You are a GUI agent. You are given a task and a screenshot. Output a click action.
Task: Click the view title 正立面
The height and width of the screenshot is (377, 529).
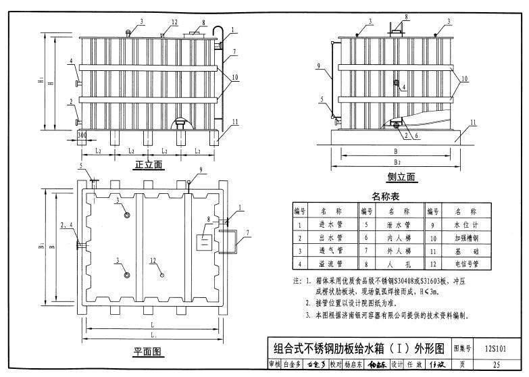tap(149, 165)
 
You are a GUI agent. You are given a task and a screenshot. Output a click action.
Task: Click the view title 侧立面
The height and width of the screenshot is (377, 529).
tap(401, 178)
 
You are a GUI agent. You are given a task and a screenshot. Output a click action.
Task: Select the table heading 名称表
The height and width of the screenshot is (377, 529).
tap(386, 197)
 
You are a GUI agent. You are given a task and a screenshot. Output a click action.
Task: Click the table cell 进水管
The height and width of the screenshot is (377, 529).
tap(328, 224)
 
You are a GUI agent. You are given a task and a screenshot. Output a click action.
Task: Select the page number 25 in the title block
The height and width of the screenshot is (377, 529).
tap(497, 366)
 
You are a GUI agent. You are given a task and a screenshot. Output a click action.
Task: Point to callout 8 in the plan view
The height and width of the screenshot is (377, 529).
tap(209, 220)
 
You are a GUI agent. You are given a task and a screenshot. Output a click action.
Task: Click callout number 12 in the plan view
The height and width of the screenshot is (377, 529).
tap(153, 260)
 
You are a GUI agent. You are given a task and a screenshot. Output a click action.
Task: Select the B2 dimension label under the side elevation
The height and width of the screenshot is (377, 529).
tap(396, 163)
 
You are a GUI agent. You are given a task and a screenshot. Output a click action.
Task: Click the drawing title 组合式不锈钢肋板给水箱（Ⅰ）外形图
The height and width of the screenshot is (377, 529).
tap(357, 349)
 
